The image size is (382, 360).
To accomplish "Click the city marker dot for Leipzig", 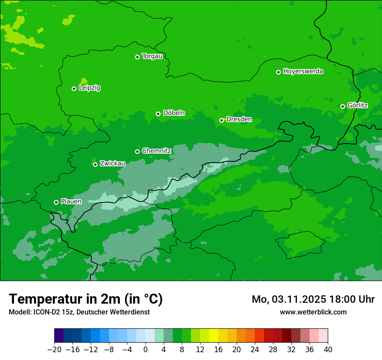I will [74, 88].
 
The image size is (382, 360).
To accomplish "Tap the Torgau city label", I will [152, 56].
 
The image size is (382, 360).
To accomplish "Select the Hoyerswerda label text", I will [303, 72].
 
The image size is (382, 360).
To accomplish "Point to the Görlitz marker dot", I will [342, 106].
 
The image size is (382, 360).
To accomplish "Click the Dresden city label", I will [239, 120].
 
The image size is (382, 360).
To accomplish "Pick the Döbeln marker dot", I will [158, 114].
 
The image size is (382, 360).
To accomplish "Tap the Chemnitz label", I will [157, 151].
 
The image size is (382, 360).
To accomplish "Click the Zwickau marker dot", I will [95, 164].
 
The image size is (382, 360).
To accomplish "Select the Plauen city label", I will [71, 202].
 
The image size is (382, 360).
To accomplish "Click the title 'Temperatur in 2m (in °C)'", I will [86, 299].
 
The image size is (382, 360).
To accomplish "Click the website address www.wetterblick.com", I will [313, 312].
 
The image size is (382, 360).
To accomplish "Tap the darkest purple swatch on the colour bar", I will [59, 336].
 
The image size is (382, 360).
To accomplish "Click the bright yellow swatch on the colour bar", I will [214, 336].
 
